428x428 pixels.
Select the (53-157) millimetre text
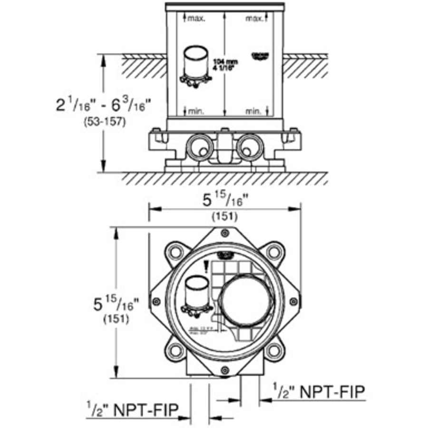pos(103,122)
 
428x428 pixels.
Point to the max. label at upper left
pos(195,19)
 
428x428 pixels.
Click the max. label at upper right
pos(254,19)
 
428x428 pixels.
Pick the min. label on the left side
pos(195,111)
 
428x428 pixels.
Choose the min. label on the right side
pos(254,111)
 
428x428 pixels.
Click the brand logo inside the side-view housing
pos(259,56)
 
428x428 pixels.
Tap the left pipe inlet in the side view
pos(198,146)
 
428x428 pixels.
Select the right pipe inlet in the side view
pos(250,146)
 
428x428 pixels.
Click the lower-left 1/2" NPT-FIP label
pos(132,409)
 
